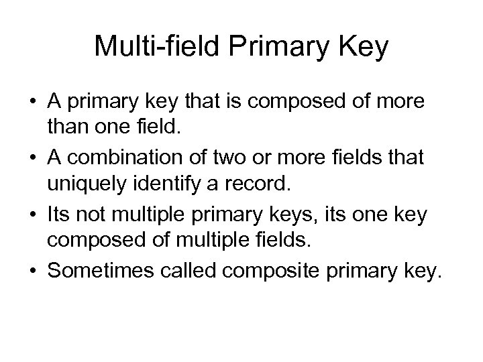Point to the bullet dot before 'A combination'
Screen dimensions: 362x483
[32, 159]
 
